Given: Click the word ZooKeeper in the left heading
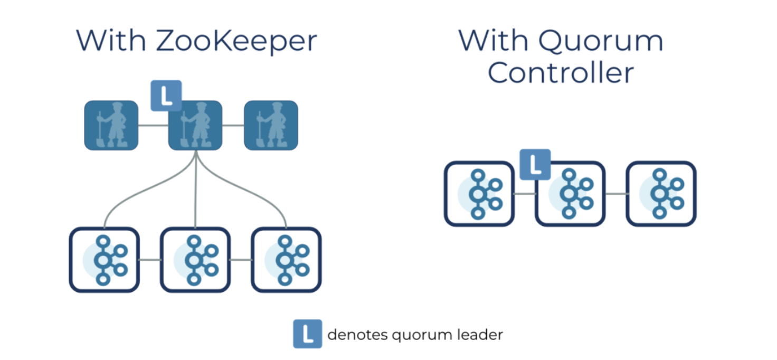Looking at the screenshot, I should tap(236, 41).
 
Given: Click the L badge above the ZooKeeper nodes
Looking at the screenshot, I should tap(166, 96).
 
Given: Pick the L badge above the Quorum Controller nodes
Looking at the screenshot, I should tap(535, 164).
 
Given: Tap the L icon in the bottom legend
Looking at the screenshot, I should tap(307, 334).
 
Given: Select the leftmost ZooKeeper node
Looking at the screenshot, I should tap(111, 126).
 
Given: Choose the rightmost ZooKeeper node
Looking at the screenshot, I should tap(271, 126).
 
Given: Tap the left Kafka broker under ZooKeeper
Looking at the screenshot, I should tap(104, 260).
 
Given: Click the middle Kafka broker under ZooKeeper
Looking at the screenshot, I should tap(195, 260).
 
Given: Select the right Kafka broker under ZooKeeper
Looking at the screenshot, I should tap(286, 260).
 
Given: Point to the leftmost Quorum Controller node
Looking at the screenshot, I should tap(479, 194).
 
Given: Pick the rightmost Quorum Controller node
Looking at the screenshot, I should tap(661, 194).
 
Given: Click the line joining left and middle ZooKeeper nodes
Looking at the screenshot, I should tap(153, 126).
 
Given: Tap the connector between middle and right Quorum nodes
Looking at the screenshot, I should tap(615, 194).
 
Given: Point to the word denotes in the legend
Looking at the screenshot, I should tap(354, 334).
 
